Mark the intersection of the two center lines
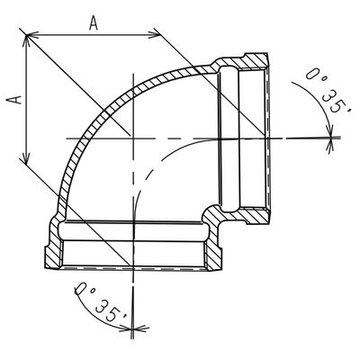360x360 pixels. coord(132,137)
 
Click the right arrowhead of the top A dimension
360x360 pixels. coord(158,35)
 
